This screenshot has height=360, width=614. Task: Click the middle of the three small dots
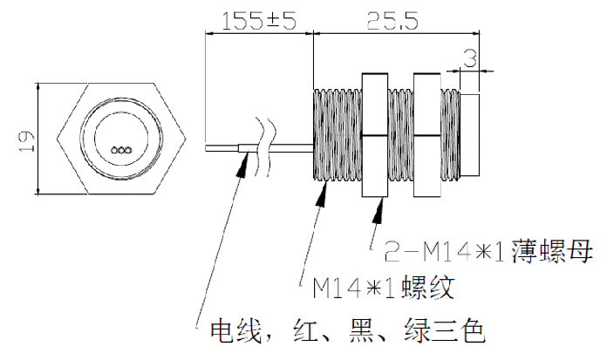point(123,150)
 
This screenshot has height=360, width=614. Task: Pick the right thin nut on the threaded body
point(428,135)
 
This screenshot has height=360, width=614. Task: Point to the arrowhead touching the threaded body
point(323,194)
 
